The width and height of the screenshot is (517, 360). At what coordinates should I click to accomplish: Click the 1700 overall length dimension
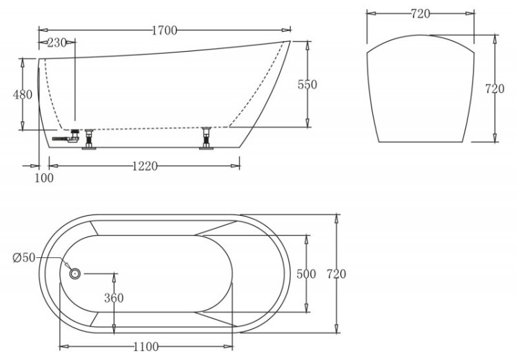pyautogui.click(x=165, y=30)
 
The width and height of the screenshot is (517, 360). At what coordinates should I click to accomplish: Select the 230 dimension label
pyautogui.click(x=57, y=43)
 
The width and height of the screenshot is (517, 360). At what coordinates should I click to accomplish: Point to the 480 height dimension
pyautogui.click(x=23, y=94)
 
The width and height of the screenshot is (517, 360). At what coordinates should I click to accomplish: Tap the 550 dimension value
pyautogui.click(x=307, y=85)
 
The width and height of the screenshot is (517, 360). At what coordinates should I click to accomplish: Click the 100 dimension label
pyautogui.click(x=43, y=178)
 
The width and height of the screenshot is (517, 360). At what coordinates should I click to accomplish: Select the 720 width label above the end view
pyautogui.click(x=421, y=14)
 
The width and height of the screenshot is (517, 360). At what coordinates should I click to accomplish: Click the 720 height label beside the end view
pyautogui.click(x=495, y=89)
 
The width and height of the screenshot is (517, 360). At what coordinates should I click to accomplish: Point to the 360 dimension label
pyautogui.click(x=114, y=298)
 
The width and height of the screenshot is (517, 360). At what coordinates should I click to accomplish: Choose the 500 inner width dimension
pyautogui.click(x=305, y=274)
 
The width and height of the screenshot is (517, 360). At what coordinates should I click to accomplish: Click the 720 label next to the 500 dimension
pyautogui.click(x=336, y=274)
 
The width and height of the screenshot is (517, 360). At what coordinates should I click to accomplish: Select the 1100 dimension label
pyautogui.click(x=145, y=346)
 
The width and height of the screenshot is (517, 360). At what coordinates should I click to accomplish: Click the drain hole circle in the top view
pyautogui.click(x=75, y=273)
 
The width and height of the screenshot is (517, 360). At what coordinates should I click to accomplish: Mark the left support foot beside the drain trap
pyautogui.click(x=88, y=138)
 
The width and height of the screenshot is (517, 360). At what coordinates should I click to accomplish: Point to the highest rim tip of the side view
pyautogui.click(x=287, y=42)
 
